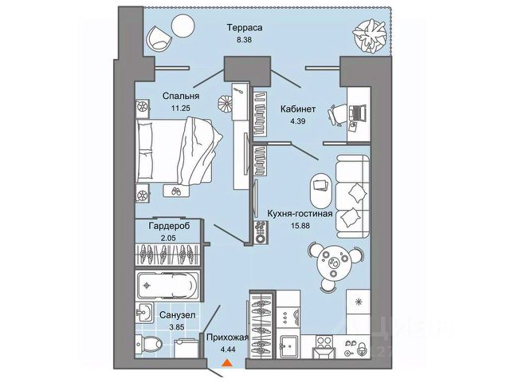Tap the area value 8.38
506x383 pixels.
245,41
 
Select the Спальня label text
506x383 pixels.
180,96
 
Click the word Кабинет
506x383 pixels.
297,109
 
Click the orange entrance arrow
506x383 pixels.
228,365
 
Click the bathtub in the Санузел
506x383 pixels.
168,283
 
